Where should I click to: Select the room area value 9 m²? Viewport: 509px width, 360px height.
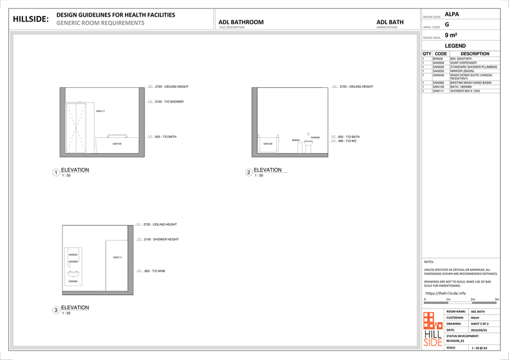tap(451, 36)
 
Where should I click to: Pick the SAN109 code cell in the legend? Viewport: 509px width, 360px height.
tap(438, 87)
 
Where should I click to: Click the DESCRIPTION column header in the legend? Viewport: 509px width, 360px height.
tap(474, 54)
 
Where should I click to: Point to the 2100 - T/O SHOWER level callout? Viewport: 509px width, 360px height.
tap(169, 102)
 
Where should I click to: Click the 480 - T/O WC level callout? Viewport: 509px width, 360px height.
tap(349, 141)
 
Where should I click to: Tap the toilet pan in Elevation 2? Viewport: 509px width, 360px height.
tap(308, 146)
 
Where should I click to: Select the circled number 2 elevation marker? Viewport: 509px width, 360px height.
tap(249, 172)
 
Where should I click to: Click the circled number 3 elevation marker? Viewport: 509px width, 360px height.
tap(56, 310)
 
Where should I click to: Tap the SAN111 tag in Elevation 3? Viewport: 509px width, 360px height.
tap(117, 258)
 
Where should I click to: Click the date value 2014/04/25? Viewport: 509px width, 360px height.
tap(479, 330)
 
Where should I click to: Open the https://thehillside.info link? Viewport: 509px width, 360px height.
tap(449, 293)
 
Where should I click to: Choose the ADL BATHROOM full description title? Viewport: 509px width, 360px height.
tap(241, 22)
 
